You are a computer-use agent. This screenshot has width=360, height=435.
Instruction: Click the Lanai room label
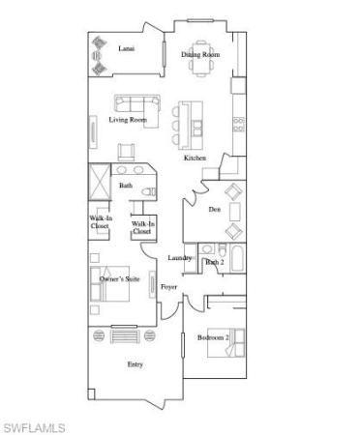[127, 48]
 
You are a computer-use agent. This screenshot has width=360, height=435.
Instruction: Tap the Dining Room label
[200, 54]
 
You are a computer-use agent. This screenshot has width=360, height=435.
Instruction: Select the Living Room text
[128, 120]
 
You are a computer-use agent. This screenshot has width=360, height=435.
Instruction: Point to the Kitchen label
[195, 158]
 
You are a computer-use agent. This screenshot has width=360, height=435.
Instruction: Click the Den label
[215, 210]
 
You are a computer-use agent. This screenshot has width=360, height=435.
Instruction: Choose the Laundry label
[180, 258]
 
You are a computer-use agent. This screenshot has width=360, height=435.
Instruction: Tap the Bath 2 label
[215, 262]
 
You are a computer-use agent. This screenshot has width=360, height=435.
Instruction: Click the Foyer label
[168, 287]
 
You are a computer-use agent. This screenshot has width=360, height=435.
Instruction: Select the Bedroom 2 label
[213, 337]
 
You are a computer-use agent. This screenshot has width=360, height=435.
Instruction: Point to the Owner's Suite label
[119, 279]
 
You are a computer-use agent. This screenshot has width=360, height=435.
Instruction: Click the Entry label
[135, 364]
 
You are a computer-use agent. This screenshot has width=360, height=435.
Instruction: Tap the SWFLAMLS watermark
[35, 428]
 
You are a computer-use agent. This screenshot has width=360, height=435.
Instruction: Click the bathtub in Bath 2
[237, 258]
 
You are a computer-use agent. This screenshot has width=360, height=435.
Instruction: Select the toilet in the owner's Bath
[149, 192]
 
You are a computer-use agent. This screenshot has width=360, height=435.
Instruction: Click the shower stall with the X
[100, 182]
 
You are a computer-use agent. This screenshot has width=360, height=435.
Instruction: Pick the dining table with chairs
[201, 58]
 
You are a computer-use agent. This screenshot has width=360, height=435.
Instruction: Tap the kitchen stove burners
[239, 125]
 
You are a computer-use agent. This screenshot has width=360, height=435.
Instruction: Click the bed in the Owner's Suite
[110, 283]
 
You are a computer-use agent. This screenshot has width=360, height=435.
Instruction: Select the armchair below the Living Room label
[126, 152]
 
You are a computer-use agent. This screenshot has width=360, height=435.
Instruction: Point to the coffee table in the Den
[235, 211]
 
